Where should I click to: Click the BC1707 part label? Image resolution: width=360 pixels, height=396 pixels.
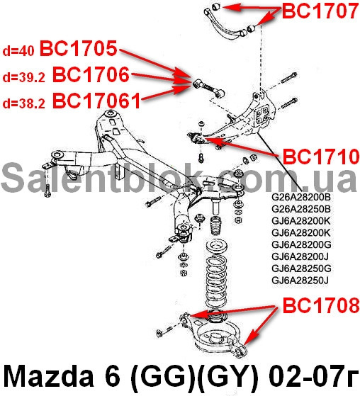click(x=320, y=11)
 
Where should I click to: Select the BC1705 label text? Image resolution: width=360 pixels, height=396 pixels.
click(x=79, y=48)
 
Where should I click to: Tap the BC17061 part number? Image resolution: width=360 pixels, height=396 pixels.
click(x=96, y=101)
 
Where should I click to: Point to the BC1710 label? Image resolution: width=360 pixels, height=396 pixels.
click(x=321, y=157)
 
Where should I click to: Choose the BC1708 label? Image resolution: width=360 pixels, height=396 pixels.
click(x=321, y=305)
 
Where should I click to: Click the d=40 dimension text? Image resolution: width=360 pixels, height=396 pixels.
click(x=18, y=51)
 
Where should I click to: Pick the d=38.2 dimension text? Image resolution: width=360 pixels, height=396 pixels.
click(x=24, y=103)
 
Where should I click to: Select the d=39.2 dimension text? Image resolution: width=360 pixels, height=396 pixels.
click(x=24, y=77)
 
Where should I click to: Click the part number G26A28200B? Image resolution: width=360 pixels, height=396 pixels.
click(x=301, y=197)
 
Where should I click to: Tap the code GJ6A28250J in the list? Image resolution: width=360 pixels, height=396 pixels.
click(x=300, y=281)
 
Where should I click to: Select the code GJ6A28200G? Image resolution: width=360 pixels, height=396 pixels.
click(x=301, y=244)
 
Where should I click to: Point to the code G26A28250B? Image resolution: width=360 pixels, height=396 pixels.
click(x=301, y=209)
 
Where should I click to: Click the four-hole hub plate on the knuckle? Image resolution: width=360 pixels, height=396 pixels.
click(x=261, y=115)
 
